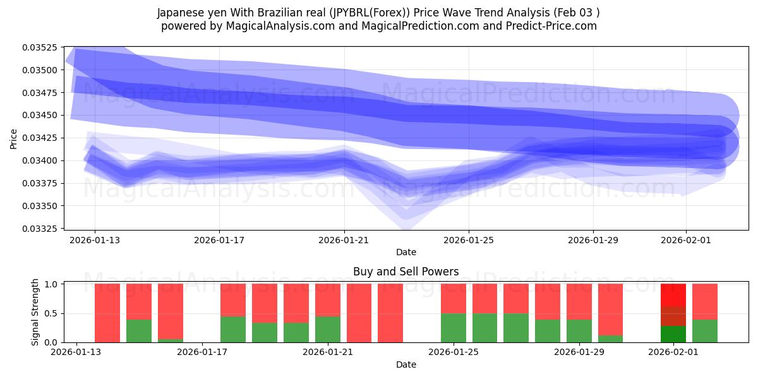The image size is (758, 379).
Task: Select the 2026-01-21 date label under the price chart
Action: click(x=344, y=240)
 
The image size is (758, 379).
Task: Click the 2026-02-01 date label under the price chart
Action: click(x=687, y=240)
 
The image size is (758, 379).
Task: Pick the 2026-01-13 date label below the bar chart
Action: click(x=76, y=352)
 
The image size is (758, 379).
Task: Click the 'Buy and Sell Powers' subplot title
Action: click(x=406, y=272)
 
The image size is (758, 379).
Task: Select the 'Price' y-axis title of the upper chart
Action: click(x=14, y=138)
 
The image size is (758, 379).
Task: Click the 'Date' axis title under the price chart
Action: click(x=406, y=252)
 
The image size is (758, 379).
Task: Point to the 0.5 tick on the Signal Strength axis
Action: click(x=51, y=313)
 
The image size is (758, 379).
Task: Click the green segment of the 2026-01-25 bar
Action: click(x=454, y=327)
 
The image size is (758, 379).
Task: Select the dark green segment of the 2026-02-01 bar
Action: click(x=673, y=334)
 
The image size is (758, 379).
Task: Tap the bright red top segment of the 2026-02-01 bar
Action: click(x=673, y=295)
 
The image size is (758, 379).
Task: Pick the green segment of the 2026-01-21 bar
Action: click(x=328, y=329)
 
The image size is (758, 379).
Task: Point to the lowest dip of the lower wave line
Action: click(x=406, y=190)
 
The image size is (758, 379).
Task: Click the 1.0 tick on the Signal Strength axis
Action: click(x=51, y=284)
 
